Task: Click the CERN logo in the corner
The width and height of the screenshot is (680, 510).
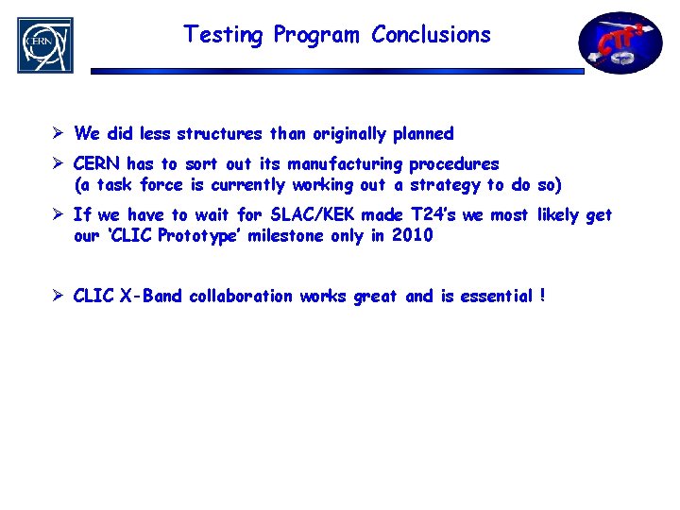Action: [x=44, y=44]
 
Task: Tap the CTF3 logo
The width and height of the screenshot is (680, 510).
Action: [x=620, y=42]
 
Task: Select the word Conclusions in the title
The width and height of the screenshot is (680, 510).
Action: [x=431, y=35]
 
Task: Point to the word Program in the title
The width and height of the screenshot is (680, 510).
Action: [x=316, y=36]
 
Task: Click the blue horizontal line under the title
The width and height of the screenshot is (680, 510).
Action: [x=337, y=71]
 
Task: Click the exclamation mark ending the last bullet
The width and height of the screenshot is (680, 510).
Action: [x=543, y=297]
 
